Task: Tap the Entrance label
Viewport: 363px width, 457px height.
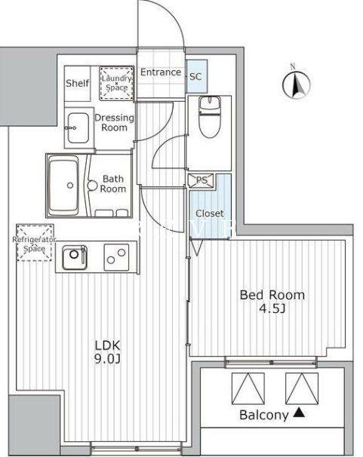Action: click(x=160, y=72)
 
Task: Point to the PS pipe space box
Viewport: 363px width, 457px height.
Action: click(x=201, y=179)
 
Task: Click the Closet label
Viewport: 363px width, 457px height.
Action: click(x=209, y=213)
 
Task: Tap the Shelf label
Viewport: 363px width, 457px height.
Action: click(x=75, y=83)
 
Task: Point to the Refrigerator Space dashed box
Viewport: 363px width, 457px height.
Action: click(x=34, y=242)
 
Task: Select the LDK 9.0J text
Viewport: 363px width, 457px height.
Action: click(x=106, y=352)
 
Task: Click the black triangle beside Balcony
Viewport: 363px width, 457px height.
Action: click(x=299, y=413)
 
